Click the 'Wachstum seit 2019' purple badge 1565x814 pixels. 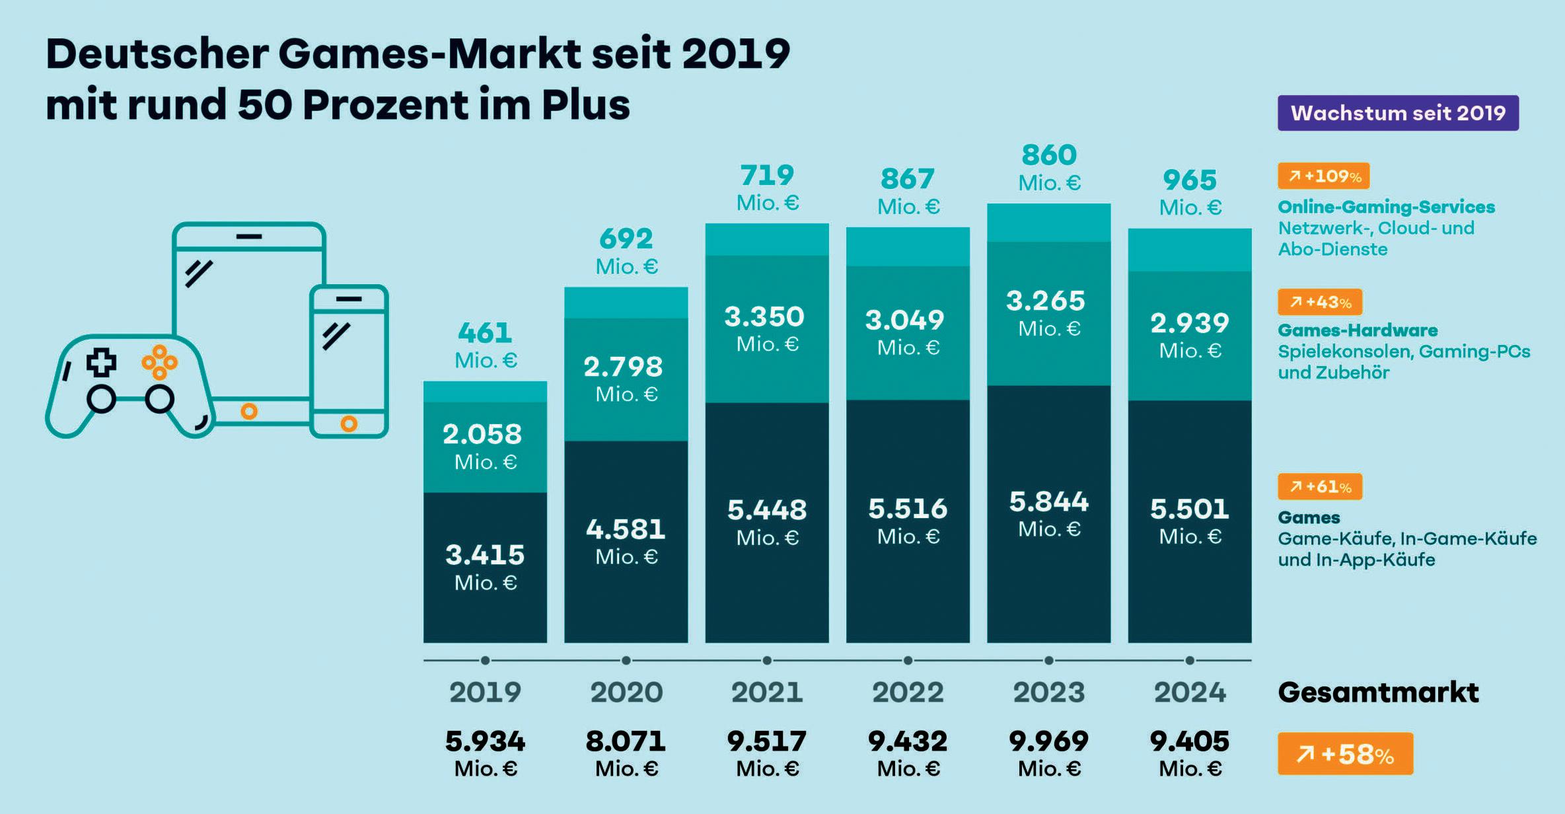pyautogui.click(x=1398, y=113)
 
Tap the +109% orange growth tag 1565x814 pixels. pyautogui.click(x=1323, y=176)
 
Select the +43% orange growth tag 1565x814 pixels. pyautogui.click(x=1320, y=303)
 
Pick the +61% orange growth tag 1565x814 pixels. pyautogui.click(x=1320, y=487)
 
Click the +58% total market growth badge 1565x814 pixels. pyautogui.click(x=1345, y=754)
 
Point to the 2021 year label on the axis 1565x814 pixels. pyautogui.click(x=767, y=692)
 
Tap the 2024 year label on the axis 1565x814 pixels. pyautogui.click(x=1190, y=692)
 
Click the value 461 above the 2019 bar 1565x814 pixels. pyautogui.click(x=485, y=333)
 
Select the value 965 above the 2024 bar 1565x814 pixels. pyautogui.click(x=1190, y=180)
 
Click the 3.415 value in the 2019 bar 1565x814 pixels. pyautogui.click(x=485, y=555)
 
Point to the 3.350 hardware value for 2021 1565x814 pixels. pyautogui.click(x=764, y=317)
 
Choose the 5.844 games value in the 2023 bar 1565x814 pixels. pyautogui.click(x=1049, y=502)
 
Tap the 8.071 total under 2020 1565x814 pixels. pyautogui.click(x=626, y=741)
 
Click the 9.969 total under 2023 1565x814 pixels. pyautogui.click(x=1049, y=741)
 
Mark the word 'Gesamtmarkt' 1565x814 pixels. pyautogui.click(x=1378, y=692)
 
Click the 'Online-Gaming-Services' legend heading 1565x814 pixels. pyautogui.click(x=1386, y=207)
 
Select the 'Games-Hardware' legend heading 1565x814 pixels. pyautogui.click(x=1358, y=330)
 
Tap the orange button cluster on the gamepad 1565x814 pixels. pyautogui.click(x=159, y=362)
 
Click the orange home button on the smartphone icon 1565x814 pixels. pyautogui.click(x=349, y=424)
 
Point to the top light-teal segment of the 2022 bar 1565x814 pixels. pyautogui.click(x=908, y=246)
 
